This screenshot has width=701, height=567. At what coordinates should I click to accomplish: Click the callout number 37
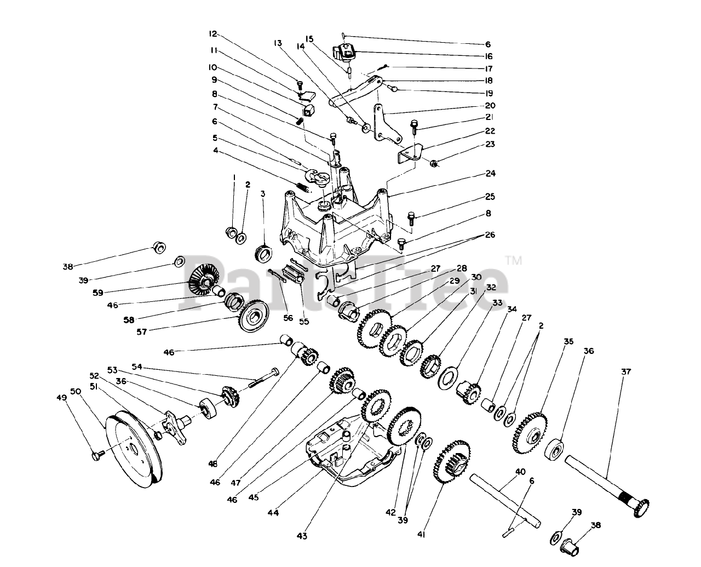[x=626, y=371]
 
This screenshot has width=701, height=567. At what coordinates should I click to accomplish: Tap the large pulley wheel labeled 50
[x=131, y=449]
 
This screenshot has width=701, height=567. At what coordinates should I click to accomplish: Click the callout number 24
[x=490, y=174]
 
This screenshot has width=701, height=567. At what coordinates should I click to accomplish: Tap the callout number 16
[x=488, y=56]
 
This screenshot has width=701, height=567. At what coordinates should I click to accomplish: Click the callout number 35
[x=568, y=342]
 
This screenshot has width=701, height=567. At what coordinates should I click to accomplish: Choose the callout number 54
[x=137, y=366]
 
